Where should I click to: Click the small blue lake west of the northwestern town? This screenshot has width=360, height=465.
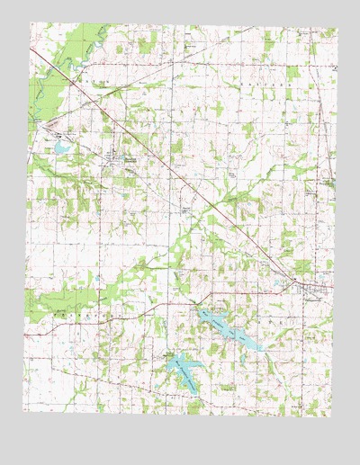61,146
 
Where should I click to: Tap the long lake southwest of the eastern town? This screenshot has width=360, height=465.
229,329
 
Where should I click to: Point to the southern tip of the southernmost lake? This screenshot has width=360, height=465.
193,392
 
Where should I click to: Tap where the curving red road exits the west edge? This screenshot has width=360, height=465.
26,335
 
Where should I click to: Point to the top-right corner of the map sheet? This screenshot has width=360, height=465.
337,28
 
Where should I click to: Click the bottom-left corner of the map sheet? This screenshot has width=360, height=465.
24,438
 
